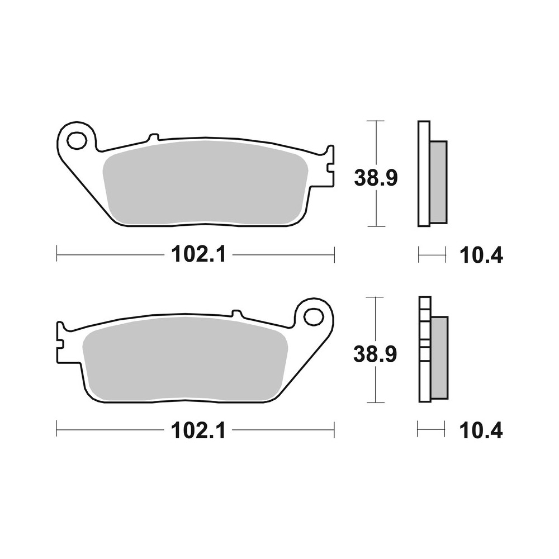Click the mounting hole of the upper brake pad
pyautogui.click(x=77, y=140)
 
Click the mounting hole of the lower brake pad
pyautogui.click(x=314, y=317)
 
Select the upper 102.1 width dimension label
pyautogui.click(x=198, y=255)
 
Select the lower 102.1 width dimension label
pyautogui.click(x=198, y=430)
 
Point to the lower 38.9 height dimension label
pyautogui.click(x=376, y=354)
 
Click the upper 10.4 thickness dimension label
pyautogui.click(x=481, y=255)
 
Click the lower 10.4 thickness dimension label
pyautogui.click(x=481, y=431)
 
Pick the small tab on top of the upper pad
pyautogui.click(x=153, y=137)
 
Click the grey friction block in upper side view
pyautogui.click(x=438, y=182)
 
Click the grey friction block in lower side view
pyautogui.click(x=439, y=358)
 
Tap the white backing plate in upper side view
pyautogui.click(x=424, y=174)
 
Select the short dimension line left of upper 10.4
pyautogui.click(x=432, y=256)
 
